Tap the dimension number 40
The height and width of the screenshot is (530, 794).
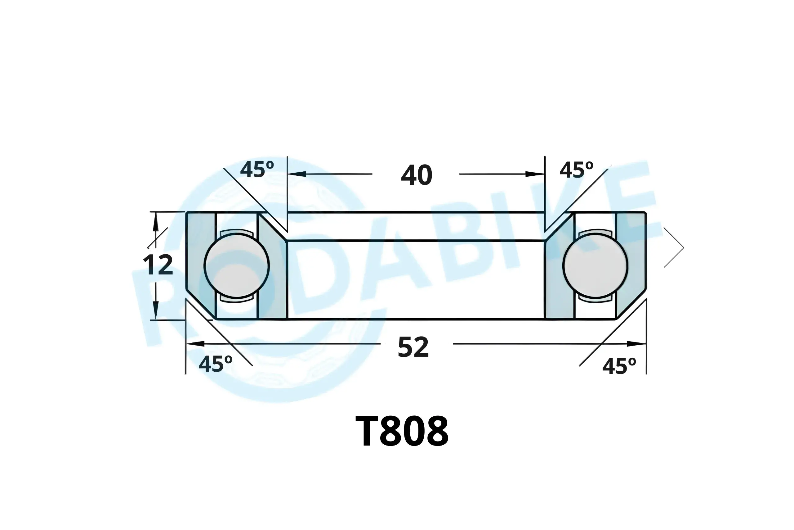click(417, 175)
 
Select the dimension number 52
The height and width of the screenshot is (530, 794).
click(413, 347)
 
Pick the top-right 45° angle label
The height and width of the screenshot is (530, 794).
click(576, 170)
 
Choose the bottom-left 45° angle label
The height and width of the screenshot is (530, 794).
click(215, 364)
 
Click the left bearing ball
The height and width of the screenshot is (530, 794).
click(237, 266)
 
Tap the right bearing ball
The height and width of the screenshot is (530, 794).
click(595, 266)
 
